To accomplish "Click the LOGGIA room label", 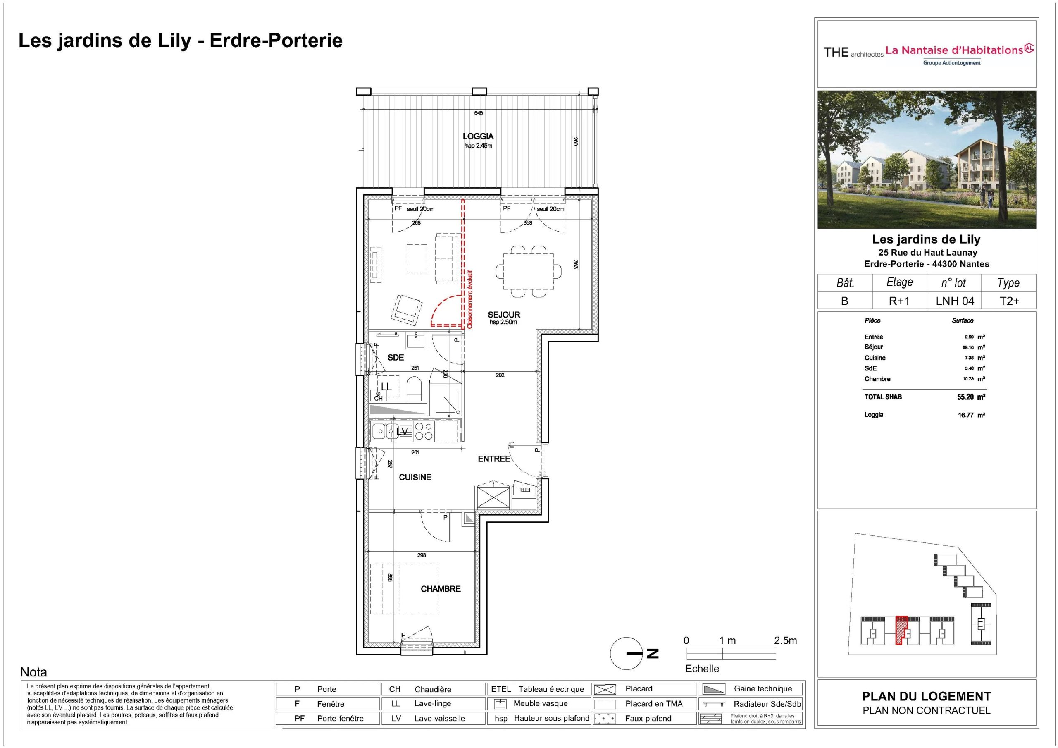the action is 478,136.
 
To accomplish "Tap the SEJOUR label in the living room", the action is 504,315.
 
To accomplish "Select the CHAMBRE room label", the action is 441,589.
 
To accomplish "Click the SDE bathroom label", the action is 396,357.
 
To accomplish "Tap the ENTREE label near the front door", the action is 494,459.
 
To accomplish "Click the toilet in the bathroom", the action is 415,388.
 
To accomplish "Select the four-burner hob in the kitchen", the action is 424,431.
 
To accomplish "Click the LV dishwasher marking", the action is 402,432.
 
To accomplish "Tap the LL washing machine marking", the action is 386,387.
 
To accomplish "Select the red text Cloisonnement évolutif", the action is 469,300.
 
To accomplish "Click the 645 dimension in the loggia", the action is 478,113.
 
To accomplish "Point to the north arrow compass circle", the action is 626,653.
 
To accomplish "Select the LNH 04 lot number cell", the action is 955,301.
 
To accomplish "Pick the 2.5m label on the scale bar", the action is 786,640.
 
